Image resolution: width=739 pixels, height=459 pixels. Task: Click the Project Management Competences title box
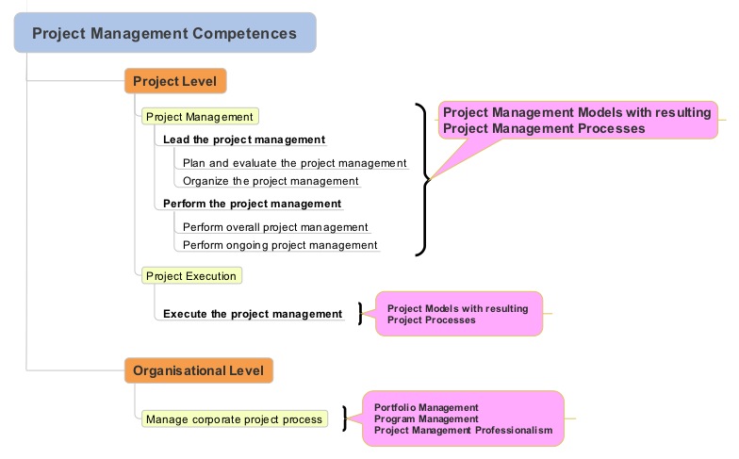coord(164,33)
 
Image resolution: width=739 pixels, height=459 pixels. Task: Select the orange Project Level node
coord(174,81)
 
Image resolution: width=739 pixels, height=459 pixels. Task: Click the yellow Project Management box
coord(200,117)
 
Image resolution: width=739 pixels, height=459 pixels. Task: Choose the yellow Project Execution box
coord(191,275)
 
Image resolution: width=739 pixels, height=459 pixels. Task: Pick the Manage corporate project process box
coord(234,418)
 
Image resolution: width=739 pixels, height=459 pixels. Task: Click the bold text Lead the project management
coord(244,139)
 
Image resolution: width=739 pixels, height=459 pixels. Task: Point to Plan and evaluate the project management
coord(294,163)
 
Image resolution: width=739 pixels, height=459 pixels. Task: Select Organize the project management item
coord(271,181)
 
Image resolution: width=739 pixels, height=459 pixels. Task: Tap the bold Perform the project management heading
coord(252,204)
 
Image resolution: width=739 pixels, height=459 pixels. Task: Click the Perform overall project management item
coord(275,227)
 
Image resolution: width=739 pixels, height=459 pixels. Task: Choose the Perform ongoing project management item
coord(280,245)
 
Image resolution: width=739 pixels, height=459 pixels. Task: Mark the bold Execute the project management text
coord(253,314)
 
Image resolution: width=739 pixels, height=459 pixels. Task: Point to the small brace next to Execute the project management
coord(360,314)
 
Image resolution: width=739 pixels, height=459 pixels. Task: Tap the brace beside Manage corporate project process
coord(346,418)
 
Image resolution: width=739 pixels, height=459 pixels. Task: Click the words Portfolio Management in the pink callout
coord(413,407)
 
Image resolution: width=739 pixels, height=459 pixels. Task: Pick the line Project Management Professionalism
coord(463,430)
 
